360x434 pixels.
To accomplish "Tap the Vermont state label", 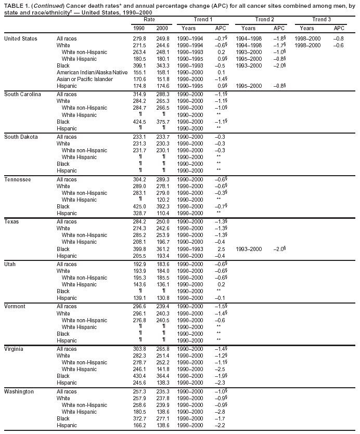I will coord(16,306).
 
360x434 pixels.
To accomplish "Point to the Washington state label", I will coord(19,391).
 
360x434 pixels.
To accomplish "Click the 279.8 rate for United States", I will coord(139,38).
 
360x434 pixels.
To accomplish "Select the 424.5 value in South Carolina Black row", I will coord(139,122).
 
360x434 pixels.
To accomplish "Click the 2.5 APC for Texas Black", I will coord(221,249).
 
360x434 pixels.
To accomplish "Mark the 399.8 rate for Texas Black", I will coord(139,249).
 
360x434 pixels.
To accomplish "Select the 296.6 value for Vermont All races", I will coord(139,306).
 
